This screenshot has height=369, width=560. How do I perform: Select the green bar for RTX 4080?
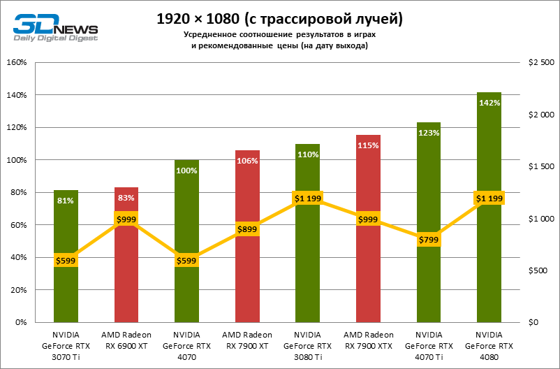click(x=489, y=266)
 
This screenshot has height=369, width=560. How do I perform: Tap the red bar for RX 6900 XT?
click(x=126, y=280)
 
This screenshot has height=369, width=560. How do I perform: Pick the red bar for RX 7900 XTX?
click(x=368, y=280)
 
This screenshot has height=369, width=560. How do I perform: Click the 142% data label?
click(x=489, y=103)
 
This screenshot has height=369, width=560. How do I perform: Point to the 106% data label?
click(x=247, y=161)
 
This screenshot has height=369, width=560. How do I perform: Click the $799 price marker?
click(x=429, y=240)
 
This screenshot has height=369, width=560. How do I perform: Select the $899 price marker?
click(x=247, y=229)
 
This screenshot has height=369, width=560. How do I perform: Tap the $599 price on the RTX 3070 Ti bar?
click(x=66, y=261)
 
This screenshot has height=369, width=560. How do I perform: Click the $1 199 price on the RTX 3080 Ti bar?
click(x=307, y=198)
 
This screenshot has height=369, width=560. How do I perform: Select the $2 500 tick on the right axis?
click(x=542, y=62)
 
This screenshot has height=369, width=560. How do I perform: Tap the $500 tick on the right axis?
click(x=539, y=270)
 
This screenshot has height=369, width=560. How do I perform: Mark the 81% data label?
click(x=66, y=201)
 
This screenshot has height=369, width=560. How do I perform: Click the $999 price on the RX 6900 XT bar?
click(x=126, y=219)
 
